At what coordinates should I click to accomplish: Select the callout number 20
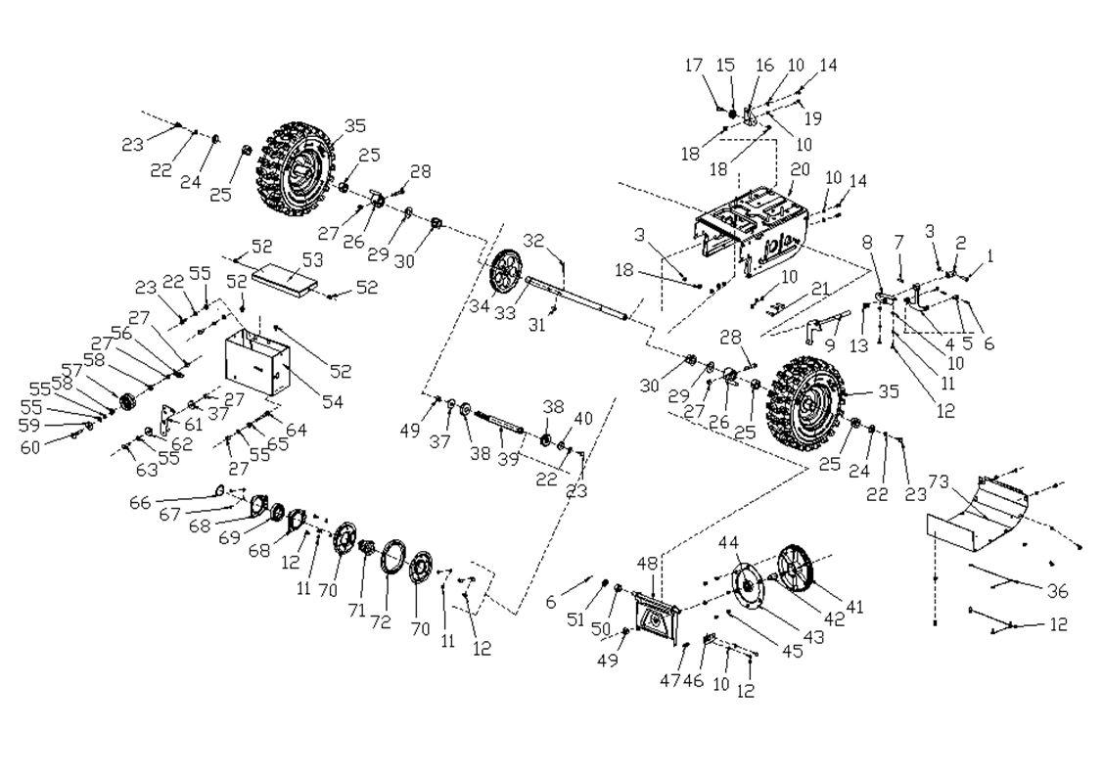pyautogui.click(x=800, y=169)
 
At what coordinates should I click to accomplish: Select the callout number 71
pyautogui.click(x=356, y=610)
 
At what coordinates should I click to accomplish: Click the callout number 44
pyautogui.click(x=728, y=542)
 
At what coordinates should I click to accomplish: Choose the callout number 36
pyautogui.click(x=1056, y=591)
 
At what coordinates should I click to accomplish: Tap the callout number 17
pyautogui.click(x=694, y=66)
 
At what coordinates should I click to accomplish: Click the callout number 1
pyautogui.click(x=989, y=255)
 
